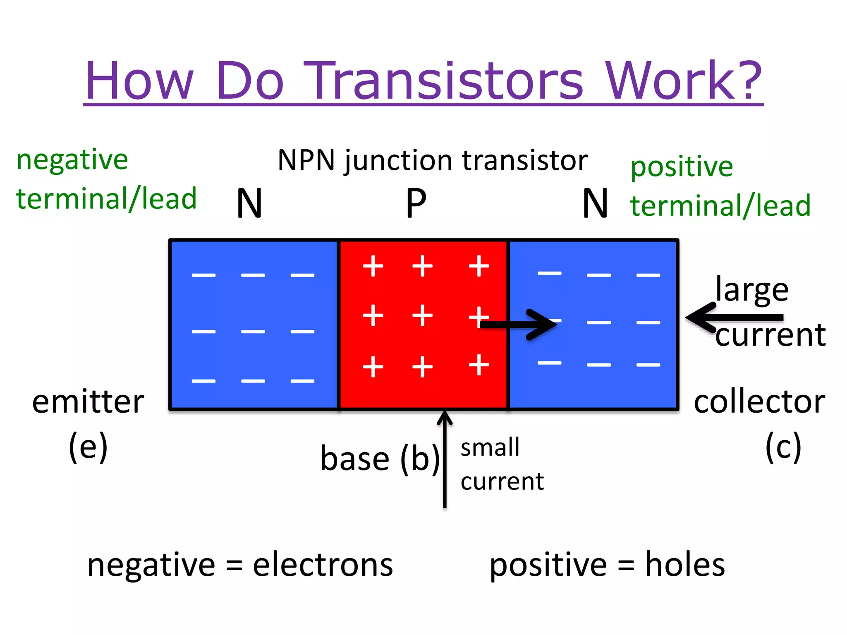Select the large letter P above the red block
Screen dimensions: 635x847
pyautogui.click(x=416, y=203)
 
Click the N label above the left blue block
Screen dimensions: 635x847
pyautogui.click(x=249, y=203)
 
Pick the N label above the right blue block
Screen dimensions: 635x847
pyautogui.click(x=595, y=203)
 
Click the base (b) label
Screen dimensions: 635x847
pyautogui.click(x=380, y=459)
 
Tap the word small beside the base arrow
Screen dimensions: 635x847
pyautogui.click(x=490, y=448)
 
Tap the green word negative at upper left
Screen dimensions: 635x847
pyautogui.click(x=72, y=160)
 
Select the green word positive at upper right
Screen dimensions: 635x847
pyautogui.click(x=681, y=167)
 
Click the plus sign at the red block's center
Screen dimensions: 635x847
pyautogui.click(x=422, y=316)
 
